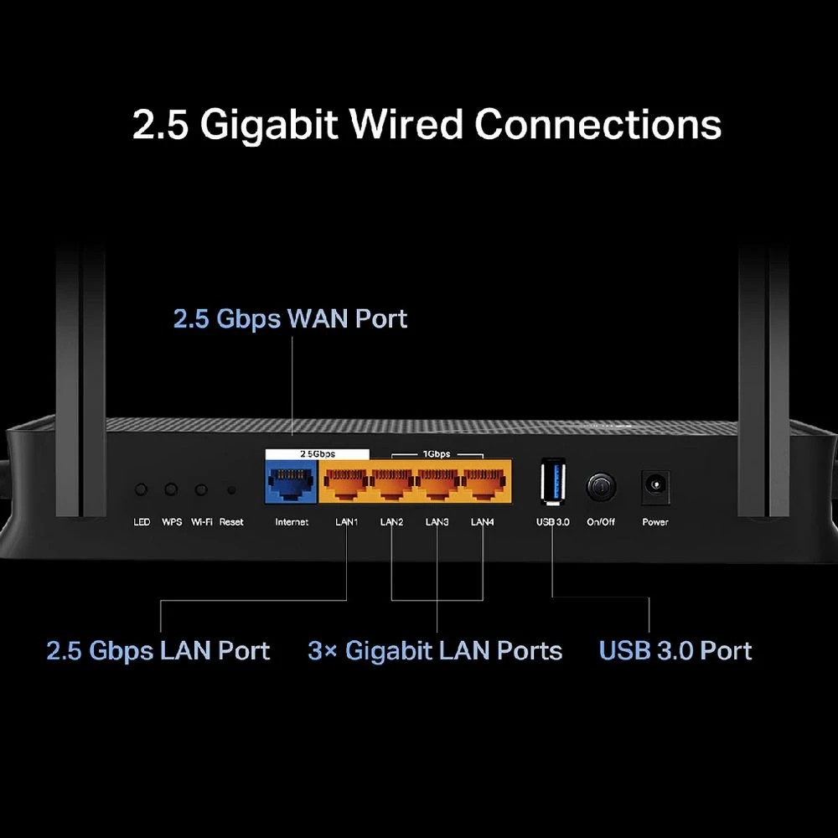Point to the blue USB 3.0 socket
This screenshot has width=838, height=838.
point(553,483)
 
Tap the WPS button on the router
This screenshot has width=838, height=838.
point(171,489)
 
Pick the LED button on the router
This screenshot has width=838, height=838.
point(142,489)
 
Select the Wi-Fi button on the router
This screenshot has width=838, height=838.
point(201,489)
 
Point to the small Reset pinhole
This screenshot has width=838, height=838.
point(231,490)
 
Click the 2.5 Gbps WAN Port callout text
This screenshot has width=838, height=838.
point(290,319)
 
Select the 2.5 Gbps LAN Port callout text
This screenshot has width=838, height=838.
point(158,651)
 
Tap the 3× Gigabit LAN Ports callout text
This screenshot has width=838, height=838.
point(435,651)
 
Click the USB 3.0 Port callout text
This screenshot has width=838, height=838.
point(675,651)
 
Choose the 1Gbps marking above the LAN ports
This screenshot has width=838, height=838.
point(435,453)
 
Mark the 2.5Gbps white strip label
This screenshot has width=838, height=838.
point(318,453)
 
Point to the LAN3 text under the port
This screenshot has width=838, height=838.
point(437,522)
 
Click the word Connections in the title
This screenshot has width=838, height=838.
point(597,124)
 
